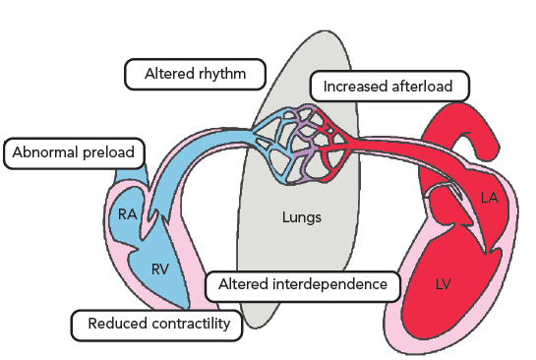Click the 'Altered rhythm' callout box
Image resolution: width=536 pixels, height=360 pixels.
coord(195,74)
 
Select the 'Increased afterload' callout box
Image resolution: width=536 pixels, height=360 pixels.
coord(389,87)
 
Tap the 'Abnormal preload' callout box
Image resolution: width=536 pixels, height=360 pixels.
coord(74,153)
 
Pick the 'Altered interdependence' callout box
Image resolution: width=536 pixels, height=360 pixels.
coord(303,286)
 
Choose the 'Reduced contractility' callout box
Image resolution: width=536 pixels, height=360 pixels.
coord(157,326)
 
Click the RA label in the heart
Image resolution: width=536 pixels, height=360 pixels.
coord(128,214)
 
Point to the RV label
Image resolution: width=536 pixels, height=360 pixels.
coord(160,270)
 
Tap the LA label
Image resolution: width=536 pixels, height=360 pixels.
coord(489,198)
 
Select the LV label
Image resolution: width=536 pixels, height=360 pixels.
coord(444,284)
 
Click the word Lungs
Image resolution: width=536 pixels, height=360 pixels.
coord(302,217)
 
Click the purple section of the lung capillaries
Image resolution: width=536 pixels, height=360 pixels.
coord(300,144)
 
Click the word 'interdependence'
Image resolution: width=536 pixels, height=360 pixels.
coord(328,284)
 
